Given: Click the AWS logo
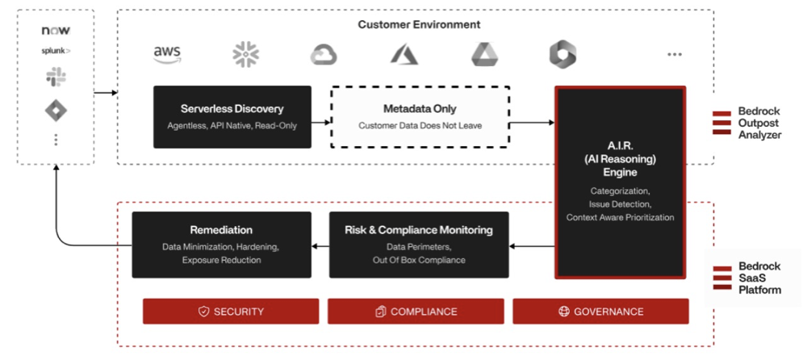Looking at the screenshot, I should click(167, 54).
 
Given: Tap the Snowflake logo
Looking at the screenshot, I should click(245, 54).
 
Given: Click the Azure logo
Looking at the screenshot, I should click(404, 54).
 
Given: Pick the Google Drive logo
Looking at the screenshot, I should click(485, 54).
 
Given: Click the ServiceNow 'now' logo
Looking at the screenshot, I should click(56, 31).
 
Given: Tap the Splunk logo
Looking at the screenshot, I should click(56, 51).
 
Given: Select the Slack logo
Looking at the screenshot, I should click(56, 77).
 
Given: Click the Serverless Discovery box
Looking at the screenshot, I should click(232, 116).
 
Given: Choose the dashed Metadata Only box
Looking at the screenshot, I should click(420, 116).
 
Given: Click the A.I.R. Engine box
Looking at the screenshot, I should click(620, 182).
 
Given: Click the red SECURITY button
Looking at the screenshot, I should click(231, 312).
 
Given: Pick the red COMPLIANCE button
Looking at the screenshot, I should click(416, 312).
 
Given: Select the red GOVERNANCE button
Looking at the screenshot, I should click(600, 312).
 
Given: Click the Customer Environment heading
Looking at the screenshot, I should click(419, 25).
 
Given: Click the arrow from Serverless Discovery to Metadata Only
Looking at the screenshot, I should click(321, 123).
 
